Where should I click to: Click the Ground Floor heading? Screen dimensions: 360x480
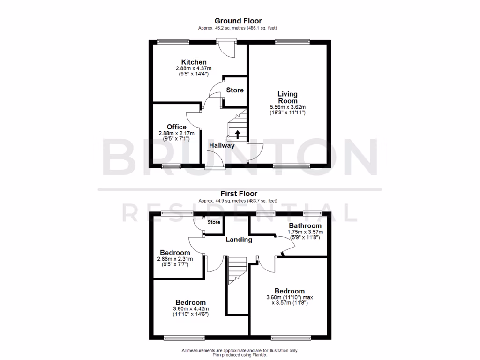pos(238,21)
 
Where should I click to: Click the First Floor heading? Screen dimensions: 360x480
pos(239,193)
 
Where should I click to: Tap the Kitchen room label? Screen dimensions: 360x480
pos(194,62)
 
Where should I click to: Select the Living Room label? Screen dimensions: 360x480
pos(287,97)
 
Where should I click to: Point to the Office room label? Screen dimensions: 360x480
pos(176,127)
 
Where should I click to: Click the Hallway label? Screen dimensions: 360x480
pos(222,145)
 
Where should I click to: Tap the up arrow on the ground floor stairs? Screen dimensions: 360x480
pos(237,135)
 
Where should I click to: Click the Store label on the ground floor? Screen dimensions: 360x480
pos(235,90)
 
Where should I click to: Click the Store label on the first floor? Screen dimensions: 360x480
pos(214,222)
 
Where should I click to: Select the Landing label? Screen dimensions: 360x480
pos(239,240)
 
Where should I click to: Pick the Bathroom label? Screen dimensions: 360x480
pos(305,225)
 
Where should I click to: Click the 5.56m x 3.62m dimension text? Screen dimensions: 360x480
pos(287,106)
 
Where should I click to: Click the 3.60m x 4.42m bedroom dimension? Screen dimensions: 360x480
pos(191,308)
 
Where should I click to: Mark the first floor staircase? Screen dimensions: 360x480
pos(237,271)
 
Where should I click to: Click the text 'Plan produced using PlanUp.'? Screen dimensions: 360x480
pos(240,355)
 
